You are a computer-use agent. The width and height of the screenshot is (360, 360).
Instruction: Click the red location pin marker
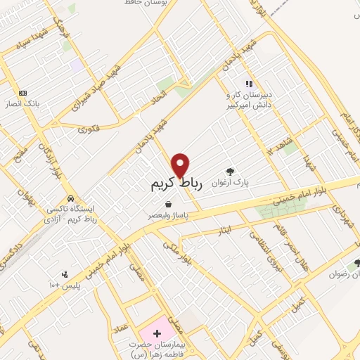pyautogui.click(x=181, y=165)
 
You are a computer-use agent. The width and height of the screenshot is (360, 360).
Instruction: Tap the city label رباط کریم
pyautogui.click(x=176, y=184)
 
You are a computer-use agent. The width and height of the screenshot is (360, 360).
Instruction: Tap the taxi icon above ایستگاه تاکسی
pyautogui.click(x=70, y=198)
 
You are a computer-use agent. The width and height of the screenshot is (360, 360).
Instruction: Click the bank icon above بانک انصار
pyautogui.click(x=23, y=93)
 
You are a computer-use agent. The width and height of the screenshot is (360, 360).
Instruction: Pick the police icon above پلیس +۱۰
pyautogui.click(x=65, y=274)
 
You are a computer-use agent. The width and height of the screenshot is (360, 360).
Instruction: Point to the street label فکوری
pyautogui.click(x=89, y=129)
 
